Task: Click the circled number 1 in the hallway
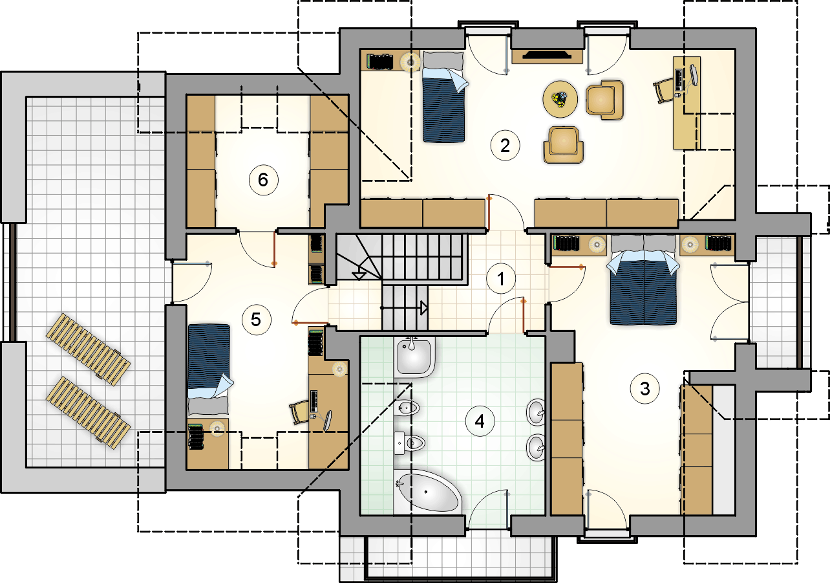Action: coord(501,278)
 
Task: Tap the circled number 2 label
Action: coord(505,146)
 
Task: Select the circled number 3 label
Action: coord(644,389)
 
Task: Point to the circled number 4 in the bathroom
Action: coord(480,421)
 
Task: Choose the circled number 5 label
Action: coord(257,320)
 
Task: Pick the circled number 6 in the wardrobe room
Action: coord(263,180)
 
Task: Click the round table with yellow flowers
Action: coord(560,99)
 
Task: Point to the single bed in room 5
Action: coord(209,369)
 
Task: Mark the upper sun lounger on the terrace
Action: coord(88,349)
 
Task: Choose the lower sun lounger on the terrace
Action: coord(88,412)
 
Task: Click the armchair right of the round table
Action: coord(604,100)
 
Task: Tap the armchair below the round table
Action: coord(564,145)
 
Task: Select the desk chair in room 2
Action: coord(663,90)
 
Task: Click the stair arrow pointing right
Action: coord(404,308)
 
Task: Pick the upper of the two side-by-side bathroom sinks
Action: coord(536,412)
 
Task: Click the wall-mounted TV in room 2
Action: coord(547,56)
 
